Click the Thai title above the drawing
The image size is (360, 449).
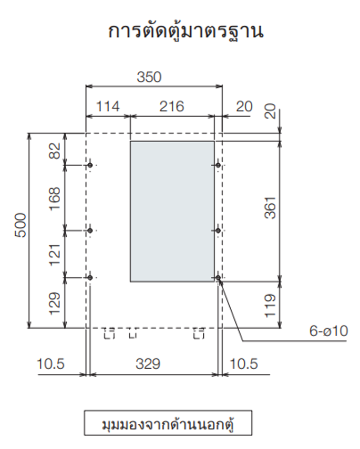point(186,32)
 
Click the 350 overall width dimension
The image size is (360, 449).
point(149,77)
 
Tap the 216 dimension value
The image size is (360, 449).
point(172,107)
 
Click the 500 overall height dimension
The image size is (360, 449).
point(20,226)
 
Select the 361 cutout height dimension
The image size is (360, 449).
point(270,208)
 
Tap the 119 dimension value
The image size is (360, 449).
point(270,305)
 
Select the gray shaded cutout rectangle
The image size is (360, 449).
point(172,211)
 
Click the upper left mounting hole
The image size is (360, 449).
point(90,165)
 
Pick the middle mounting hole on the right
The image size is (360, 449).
point(218,230)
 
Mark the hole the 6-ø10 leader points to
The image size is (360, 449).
point(218,277)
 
